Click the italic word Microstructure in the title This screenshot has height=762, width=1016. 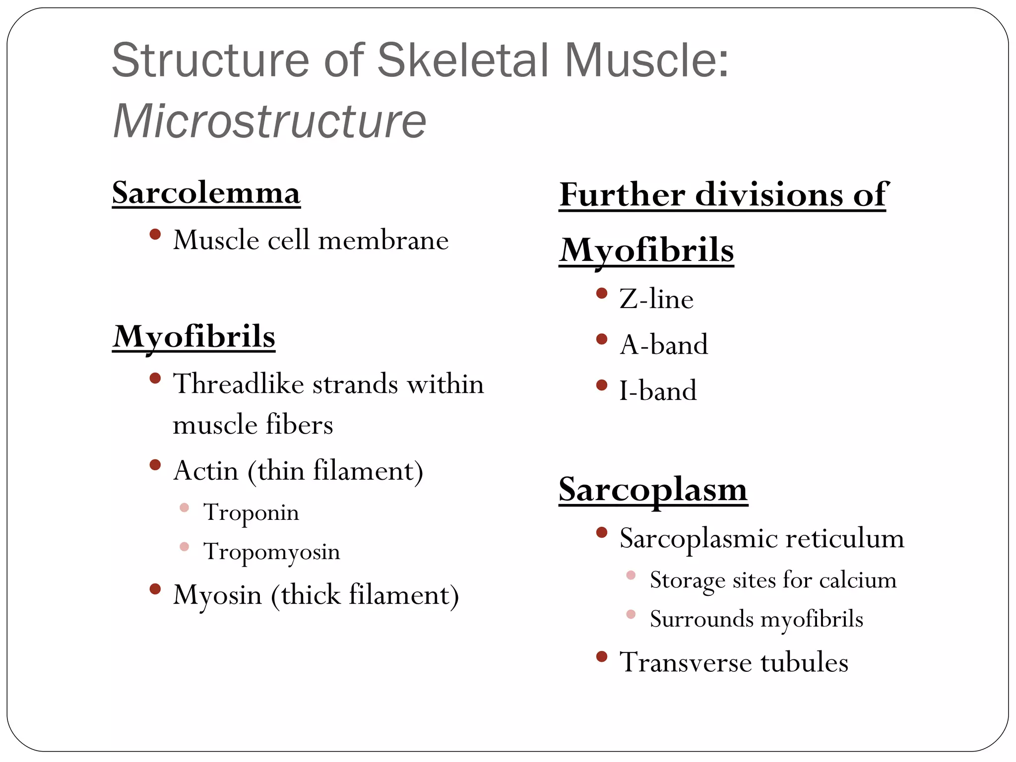pyautogui.click(x=269, y=121)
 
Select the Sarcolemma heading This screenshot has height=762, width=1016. pyautogui.click(x=206, y=192)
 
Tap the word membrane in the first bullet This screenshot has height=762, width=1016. pyautogui.click(x=383, y=241)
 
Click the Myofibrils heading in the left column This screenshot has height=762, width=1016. pyautogui.click(x=194, y=336)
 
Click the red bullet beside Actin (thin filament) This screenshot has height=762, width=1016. pyautogui.click(x=155, y=465)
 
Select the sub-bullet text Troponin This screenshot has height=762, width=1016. pyautogui.click(x=251, y=512)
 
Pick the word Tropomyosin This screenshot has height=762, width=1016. pyautogui.click(x=271, y=551)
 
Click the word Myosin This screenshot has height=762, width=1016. pyautogui.click(x=217, y=594)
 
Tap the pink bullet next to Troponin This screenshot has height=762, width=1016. pyautogui.click(x=184, y=508)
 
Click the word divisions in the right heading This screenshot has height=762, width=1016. pyautogui.click(x=768, y=194)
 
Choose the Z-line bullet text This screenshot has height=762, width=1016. pyautogui.click(x=656, y=299)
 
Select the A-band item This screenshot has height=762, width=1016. pyautogui.click(x=664, y=344)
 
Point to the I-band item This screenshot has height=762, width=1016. pyautogui.click(x=658, y=390)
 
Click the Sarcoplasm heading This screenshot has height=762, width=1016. pyautogui.click(x=653, y=490)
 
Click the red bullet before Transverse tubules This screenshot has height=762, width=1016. pyautogui.click(x=602, y=657)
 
